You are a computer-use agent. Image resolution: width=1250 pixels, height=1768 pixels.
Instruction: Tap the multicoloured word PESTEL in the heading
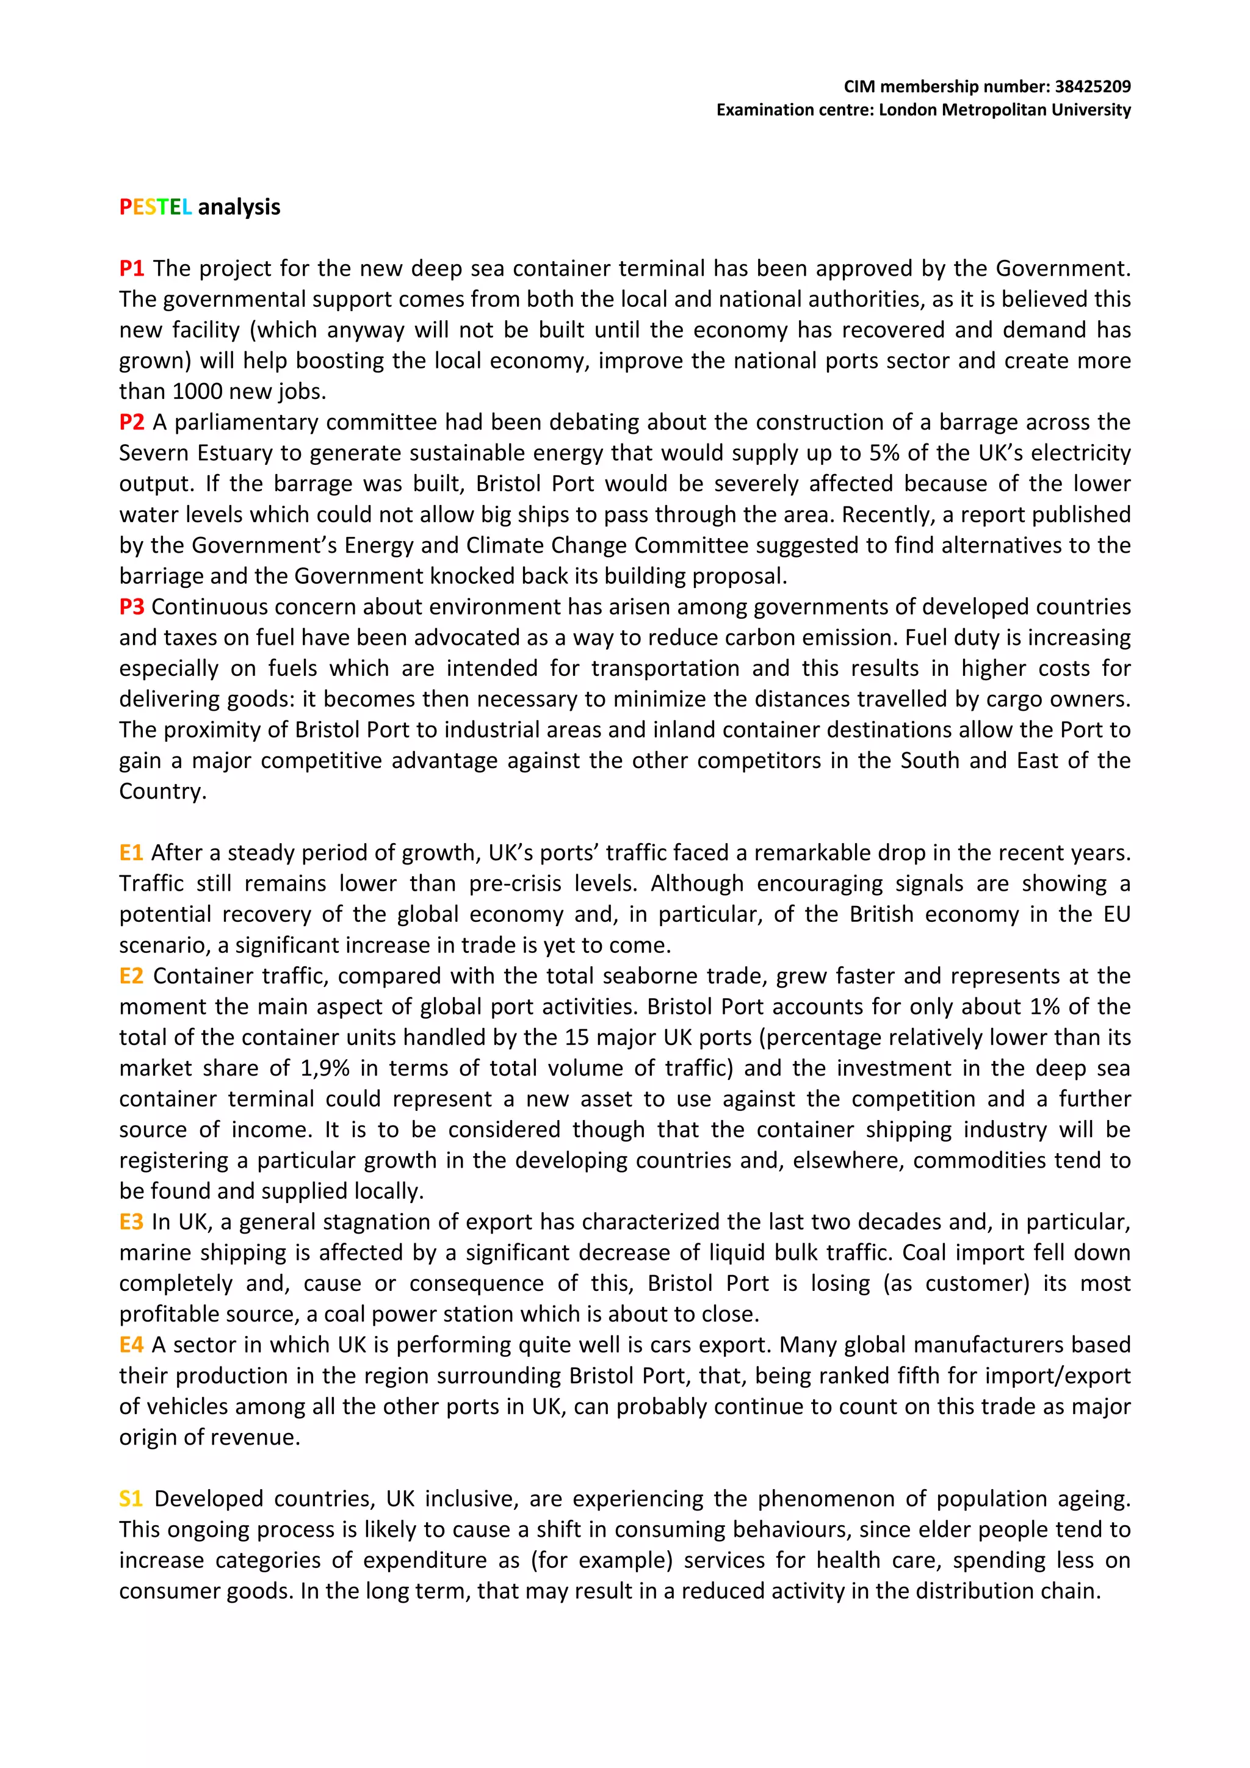pos(155,207)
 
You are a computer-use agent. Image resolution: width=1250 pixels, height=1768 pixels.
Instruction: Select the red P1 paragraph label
pos(132,269)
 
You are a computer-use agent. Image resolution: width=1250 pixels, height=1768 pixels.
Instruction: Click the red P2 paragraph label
pos(132,422)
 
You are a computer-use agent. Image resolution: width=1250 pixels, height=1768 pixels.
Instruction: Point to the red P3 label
pos(132,607)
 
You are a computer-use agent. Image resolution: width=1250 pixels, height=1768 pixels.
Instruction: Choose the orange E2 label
pos(131,976)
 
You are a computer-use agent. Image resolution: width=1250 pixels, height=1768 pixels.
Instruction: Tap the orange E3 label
pos(131,1222)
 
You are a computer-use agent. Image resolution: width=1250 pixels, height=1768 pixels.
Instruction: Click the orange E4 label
pos(131,1345)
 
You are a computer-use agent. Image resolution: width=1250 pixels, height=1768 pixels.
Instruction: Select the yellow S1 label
pos(131,1498)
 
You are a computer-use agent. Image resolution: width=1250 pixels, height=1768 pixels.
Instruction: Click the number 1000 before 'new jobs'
pos(197,392)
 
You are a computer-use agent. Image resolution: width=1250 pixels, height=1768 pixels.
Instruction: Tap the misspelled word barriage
pos(153,576)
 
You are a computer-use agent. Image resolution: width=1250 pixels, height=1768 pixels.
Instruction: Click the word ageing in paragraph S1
pos(1098,1499)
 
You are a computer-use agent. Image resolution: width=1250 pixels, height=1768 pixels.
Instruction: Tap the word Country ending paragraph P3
pos(162,792)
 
